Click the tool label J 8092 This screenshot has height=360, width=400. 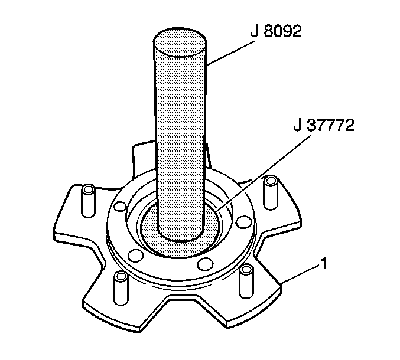point(276,32)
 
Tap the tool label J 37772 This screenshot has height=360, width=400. point(324,125)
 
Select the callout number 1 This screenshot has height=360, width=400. point(323,264)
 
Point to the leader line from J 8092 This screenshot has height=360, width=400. point(230,53)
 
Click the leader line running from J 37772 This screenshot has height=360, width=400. point(264,174)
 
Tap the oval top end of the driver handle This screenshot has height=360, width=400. point(180,42)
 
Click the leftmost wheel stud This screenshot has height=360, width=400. point(88,201)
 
